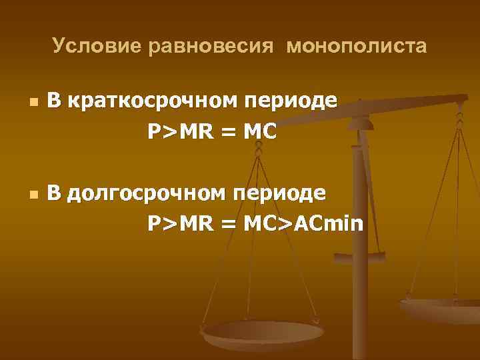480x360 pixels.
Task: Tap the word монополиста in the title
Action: click(357, 46)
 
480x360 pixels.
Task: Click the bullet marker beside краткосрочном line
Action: click(33, 103)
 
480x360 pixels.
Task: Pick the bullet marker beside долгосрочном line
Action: click(33, 195)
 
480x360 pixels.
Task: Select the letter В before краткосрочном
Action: click(55, 101)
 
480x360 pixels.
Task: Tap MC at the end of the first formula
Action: click(259, 132)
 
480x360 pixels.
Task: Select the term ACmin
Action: click(331, 223)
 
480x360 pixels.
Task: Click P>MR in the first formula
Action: click(179, 132)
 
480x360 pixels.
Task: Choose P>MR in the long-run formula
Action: click(179, 223)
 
